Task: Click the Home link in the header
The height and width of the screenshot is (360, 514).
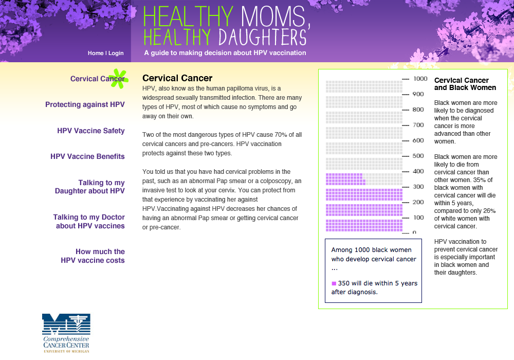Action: click(96, 53)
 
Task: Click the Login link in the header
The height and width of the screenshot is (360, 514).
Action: click(116, 53)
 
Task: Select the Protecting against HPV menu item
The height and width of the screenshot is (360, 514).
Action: click(85, 104)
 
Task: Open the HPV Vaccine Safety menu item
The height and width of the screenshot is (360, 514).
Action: click(91, 131)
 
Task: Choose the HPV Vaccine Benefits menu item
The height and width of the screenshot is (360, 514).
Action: click(87, 156)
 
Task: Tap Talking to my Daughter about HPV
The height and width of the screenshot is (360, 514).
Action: click(90, 187)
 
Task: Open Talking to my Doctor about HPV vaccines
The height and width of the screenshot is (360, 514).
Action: click(89, 222)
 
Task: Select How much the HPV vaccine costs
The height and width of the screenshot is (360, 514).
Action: click(93, 256)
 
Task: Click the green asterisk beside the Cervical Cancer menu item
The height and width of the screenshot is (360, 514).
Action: click(119, 77)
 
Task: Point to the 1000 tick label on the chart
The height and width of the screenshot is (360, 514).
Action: click(420, 79)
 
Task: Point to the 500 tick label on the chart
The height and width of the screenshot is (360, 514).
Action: click(418, 156)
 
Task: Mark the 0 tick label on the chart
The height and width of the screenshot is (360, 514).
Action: click(414, 232)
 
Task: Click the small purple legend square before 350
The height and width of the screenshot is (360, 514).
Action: click(334, 283)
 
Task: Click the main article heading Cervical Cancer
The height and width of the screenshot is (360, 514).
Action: click(177, 78)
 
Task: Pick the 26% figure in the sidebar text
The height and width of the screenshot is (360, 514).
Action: click(490, 210)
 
